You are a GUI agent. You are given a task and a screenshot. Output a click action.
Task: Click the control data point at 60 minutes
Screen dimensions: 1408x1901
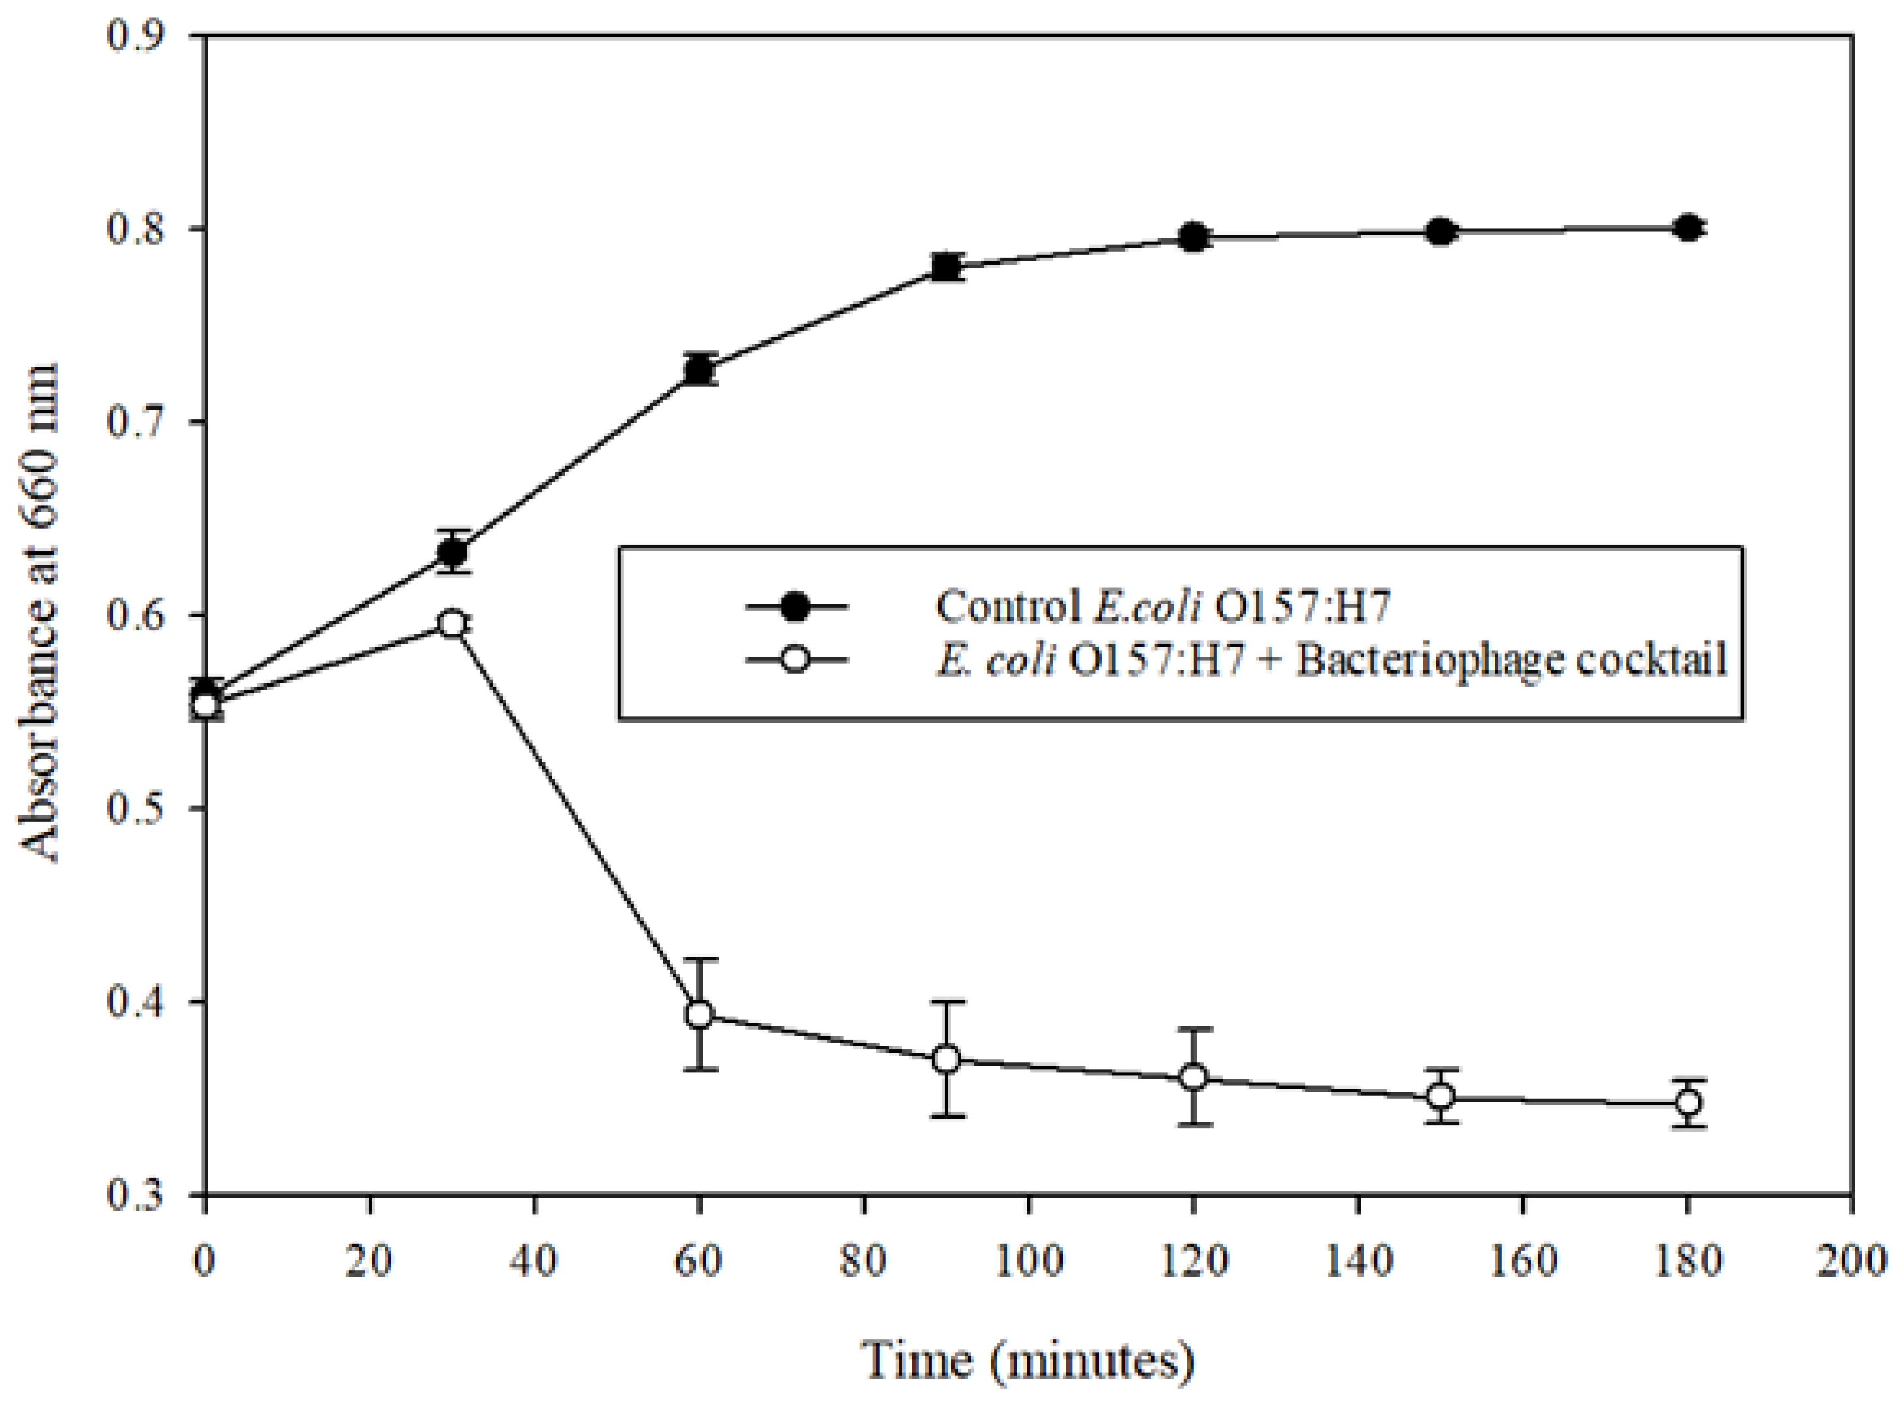(699, 370)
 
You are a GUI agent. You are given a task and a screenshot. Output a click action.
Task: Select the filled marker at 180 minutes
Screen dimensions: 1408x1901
(1688, 229)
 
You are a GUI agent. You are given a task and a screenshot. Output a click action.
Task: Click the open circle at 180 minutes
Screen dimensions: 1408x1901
(1688, 1103)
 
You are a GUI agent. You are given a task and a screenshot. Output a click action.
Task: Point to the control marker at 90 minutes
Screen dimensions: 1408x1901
(946, 267)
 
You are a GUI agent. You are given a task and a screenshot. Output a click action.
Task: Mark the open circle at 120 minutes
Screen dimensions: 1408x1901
(1193, 1077)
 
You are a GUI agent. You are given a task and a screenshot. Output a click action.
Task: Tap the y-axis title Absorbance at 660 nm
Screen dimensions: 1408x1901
(39, 614)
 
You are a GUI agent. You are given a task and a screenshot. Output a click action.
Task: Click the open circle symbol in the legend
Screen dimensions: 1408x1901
(795, 661)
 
